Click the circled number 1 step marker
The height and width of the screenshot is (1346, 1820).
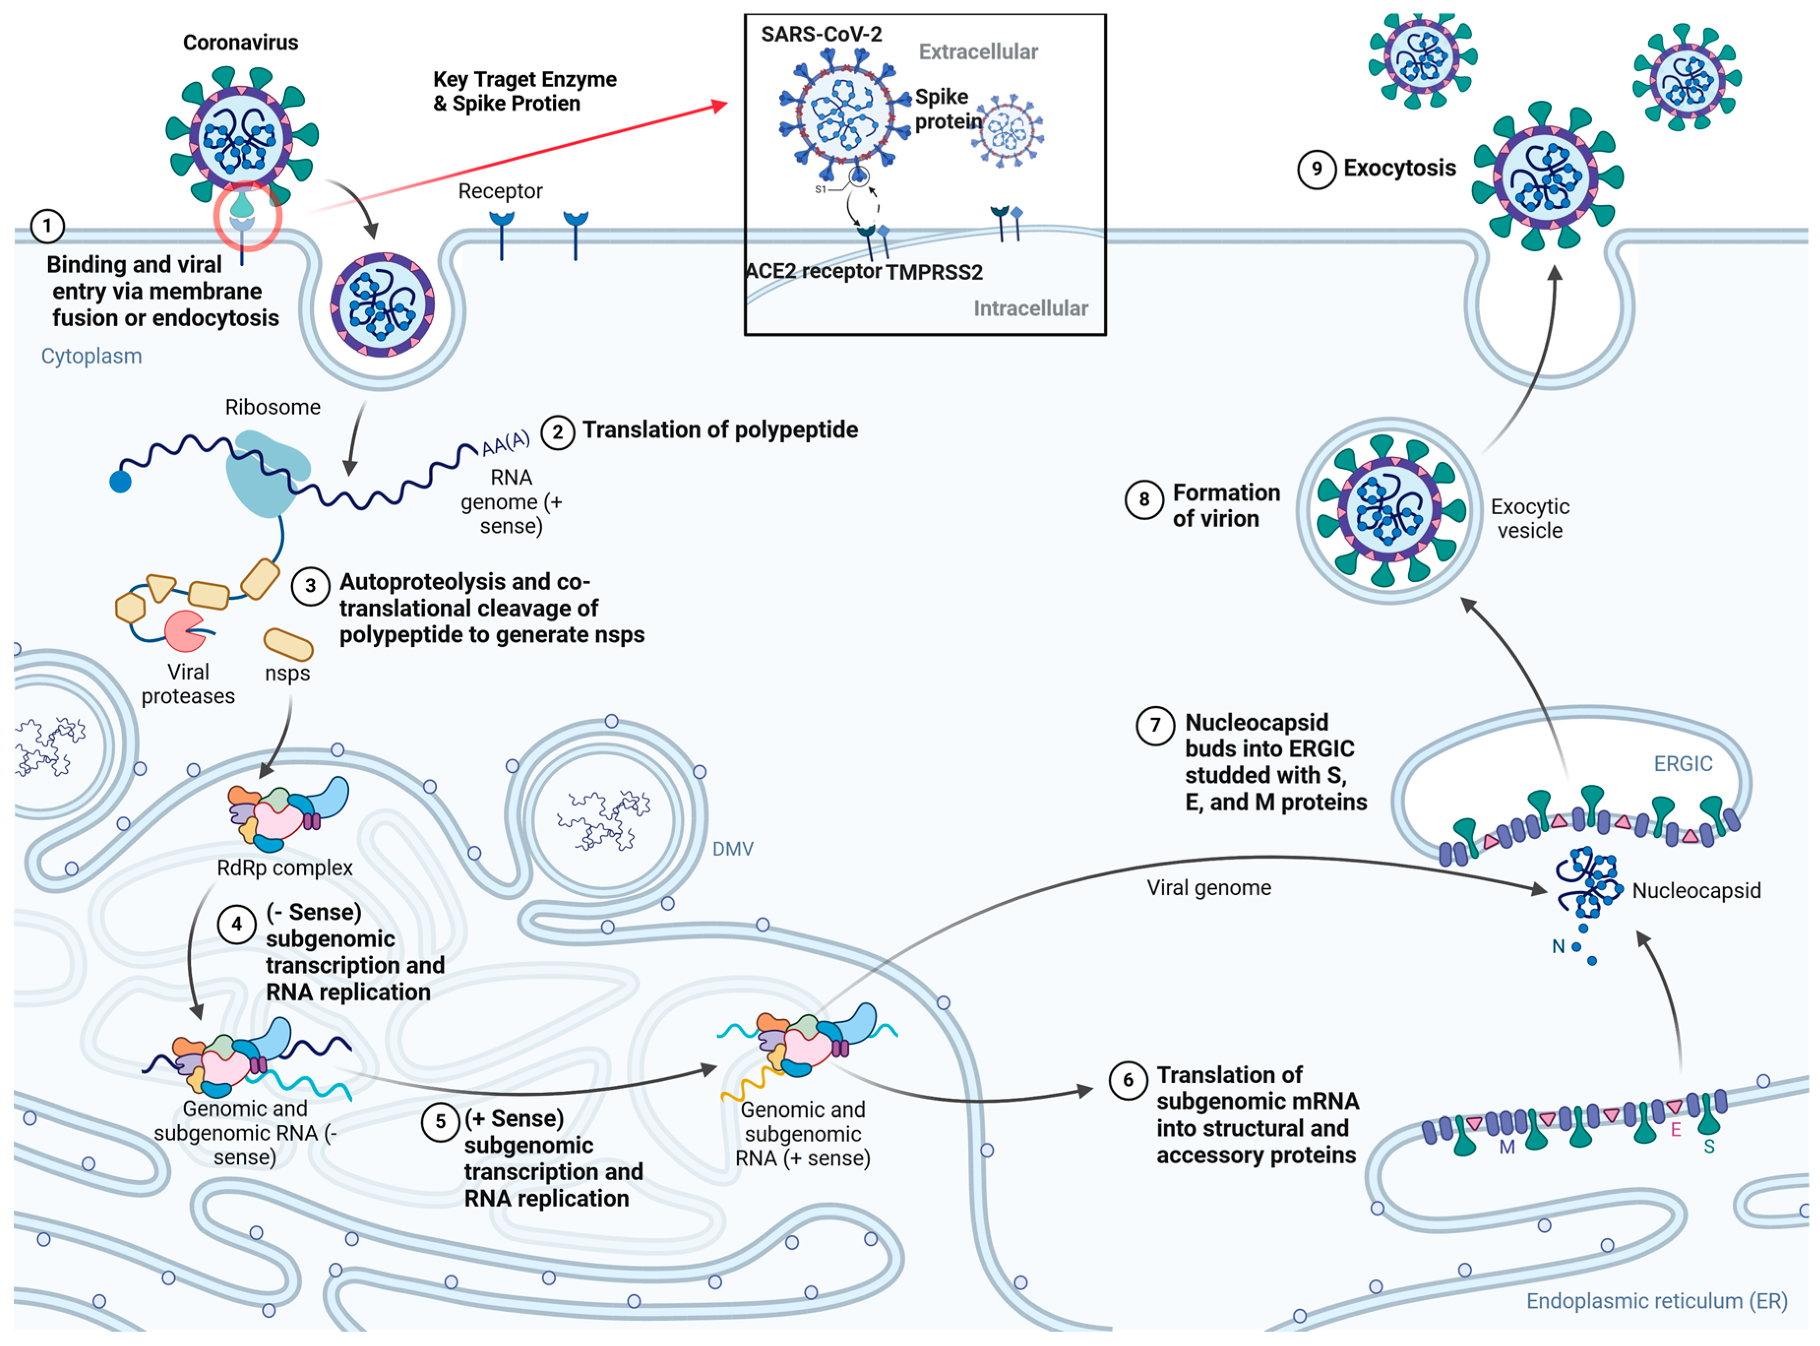tap(47, 226)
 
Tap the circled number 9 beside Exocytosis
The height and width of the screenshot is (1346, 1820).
tap(1316, 169)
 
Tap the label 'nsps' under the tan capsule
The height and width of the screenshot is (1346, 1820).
tap(287, 674)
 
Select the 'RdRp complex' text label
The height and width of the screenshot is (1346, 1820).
tap(284, 868)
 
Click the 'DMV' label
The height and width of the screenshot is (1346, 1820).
tap(732, 849)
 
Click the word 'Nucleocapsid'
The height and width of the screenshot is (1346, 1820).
tap(1696, 891)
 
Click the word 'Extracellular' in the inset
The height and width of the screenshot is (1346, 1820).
tap(977, 51)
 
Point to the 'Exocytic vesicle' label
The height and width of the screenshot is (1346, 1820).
tap(1529, 518)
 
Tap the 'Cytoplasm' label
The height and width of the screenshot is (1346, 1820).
tap(91, 356)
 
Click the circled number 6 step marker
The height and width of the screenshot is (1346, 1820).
tap(1128, 1080)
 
